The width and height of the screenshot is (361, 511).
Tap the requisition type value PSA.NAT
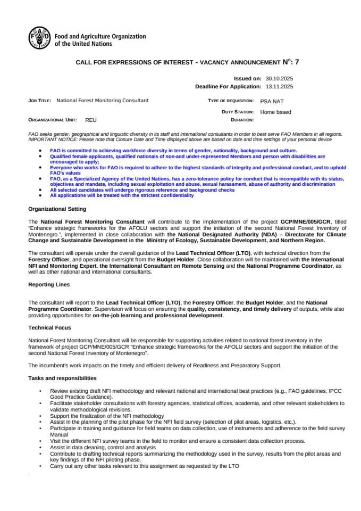click(x=272, y=101)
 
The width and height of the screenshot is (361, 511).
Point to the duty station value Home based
click(x=275, y=112)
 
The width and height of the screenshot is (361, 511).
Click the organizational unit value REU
click(x=91, y=121)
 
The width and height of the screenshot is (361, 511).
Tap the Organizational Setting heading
click(x=57, y=209)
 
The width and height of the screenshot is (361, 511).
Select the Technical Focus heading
click(x=49, y=328)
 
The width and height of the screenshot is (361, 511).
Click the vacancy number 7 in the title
click(x=297, y=62)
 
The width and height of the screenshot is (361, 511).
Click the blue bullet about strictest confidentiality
click(x=122, y=195)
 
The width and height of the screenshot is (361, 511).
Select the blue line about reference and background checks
click(x=142, y=190)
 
